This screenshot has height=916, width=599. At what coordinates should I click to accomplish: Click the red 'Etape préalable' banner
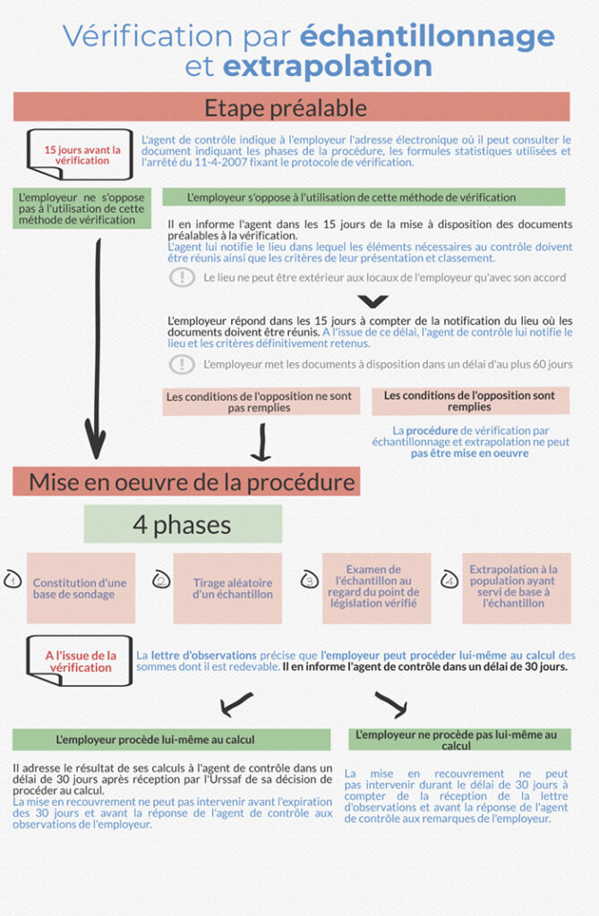pyautogui.click(x=291, y=107)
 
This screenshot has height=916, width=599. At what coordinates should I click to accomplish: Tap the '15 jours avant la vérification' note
pyautogui.click(x=81, y=155)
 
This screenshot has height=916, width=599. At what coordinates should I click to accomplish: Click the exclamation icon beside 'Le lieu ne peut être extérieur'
pyautogui.click(x=182, y=277)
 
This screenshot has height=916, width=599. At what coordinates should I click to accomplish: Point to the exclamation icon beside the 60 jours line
pyautogui.click(x=182, y=365)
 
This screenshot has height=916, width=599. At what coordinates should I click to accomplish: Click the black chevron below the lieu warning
pyautogui.click(x=373, y=301)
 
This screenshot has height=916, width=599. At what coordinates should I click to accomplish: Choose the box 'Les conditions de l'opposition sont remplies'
pyautogui.click(x=470, y=401)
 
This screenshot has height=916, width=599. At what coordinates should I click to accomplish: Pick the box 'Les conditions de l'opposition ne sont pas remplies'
pyautogui.click(x=261, y=402)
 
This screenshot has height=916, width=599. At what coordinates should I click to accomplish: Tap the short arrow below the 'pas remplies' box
pyautogui.click(x=261, y=442)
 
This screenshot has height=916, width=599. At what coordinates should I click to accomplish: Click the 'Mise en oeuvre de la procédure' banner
pyautogui.click(x=186, y=482)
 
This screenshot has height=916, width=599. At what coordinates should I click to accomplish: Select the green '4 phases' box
pyautogui.click(x=183, y=524)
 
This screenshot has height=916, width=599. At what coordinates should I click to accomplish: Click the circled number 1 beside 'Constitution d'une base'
pyautogui.click(x=13, y=579)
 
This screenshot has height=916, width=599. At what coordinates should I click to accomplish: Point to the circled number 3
pyautogui.click(x=309, y=579)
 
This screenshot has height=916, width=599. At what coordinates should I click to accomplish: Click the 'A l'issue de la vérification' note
pyautogui.click(x=80, y=661)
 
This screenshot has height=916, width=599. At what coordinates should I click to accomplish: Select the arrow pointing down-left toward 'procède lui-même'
pyautogui.click(x=235, y=705)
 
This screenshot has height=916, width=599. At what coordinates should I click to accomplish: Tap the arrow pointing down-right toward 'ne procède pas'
pyautogui.click(x=391, y=705)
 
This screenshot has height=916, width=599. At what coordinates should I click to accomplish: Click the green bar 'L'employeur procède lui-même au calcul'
pyautogui.click(x=171, y=740)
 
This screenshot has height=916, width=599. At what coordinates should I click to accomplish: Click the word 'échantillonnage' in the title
pyautogui.click(x=427, y=36)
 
